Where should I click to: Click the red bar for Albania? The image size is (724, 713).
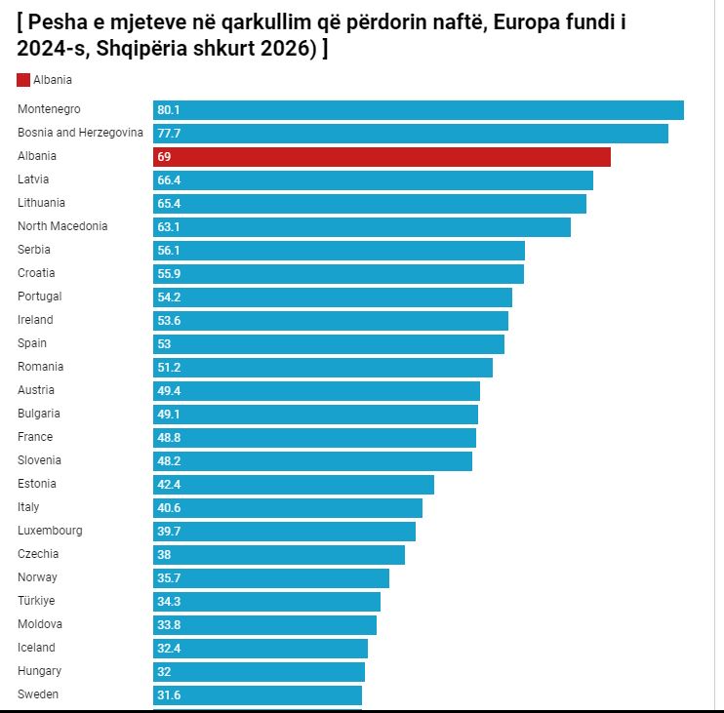coord(382,157)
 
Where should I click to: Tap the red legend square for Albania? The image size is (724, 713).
coord(23,80)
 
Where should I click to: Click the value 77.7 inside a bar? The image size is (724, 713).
coord(169,134)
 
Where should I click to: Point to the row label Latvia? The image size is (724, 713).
coord(33,179)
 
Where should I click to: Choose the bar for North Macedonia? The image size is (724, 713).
coord(361,227)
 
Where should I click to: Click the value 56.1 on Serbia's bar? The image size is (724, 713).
coord(169,251)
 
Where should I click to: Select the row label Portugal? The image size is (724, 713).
coord(39,297)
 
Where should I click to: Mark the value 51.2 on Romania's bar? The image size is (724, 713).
coord(169,368)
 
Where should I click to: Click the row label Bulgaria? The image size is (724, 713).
coord(39,414)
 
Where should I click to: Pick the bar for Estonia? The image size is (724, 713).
coord(293,485)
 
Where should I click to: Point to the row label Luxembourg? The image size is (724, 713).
coord(50,531)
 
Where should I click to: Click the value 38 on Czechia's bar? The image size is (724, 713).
coord(164,555)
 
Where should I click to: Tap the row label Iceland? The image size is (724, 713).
coord(36,648)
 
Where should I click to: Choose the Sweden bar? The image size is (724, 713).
coord(258,695)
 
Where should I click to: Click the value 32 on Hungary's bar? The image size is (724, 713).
coord(164,672)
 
